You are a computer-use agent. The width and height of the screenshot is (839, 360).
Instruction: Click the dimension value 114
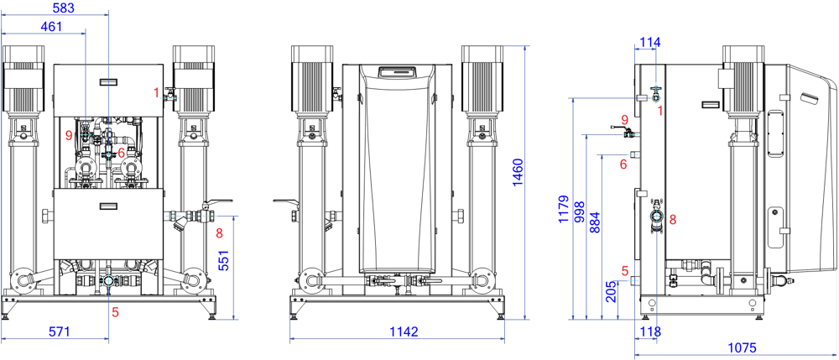coord(650,40)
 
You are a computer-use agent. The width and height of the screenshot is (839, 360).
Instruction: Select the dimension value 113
coord(650,331)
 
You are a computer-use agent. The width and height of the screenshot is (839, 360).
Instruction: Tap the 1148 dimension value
coord(404,331)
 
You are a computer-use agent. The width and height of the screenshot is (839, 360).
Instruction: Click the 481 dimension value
coord(51,26)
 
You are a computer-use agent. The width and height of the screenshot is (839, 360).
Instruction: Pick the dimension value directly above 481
coord(64,8)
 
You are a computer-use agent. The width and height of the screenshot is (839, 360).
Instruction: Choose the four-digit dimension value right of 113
coord(743,347)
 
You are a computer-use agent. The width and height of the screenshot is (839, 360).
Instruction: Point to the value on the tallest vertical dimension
coord(518,172)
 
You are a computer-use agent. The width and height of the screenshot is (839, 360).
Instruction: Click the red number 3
coord(122,153)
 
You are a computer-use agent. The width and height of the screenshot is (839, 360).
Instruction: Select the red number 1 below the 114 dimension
coord(660,110)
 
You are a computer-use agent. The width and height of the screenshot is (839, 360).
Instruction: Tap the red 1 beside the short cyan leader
coord(156,91)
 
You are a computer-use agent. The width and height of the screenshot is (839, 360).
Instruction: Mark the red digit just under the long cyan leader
coord(219,233)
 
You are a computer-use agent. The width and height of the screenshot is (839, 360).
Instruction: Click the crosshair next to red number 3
coord(108,154)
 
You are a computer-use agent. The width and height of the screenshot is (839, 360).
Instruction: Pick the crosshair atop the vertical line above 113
coord(656,217)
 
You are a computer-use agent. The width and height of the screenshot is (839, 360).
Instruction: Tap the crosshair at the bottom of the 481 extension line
coord(85,134)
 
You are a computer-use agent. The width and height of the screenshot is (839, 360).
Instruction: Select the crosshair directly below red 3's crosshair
coord(108,280)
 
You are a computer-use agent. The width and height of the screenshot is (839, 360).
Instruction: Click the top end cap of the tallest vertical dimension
coord(517,46)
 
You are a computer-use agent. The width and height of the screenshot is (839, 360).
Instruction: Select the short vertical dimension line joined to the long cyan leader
coord(233,268)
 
